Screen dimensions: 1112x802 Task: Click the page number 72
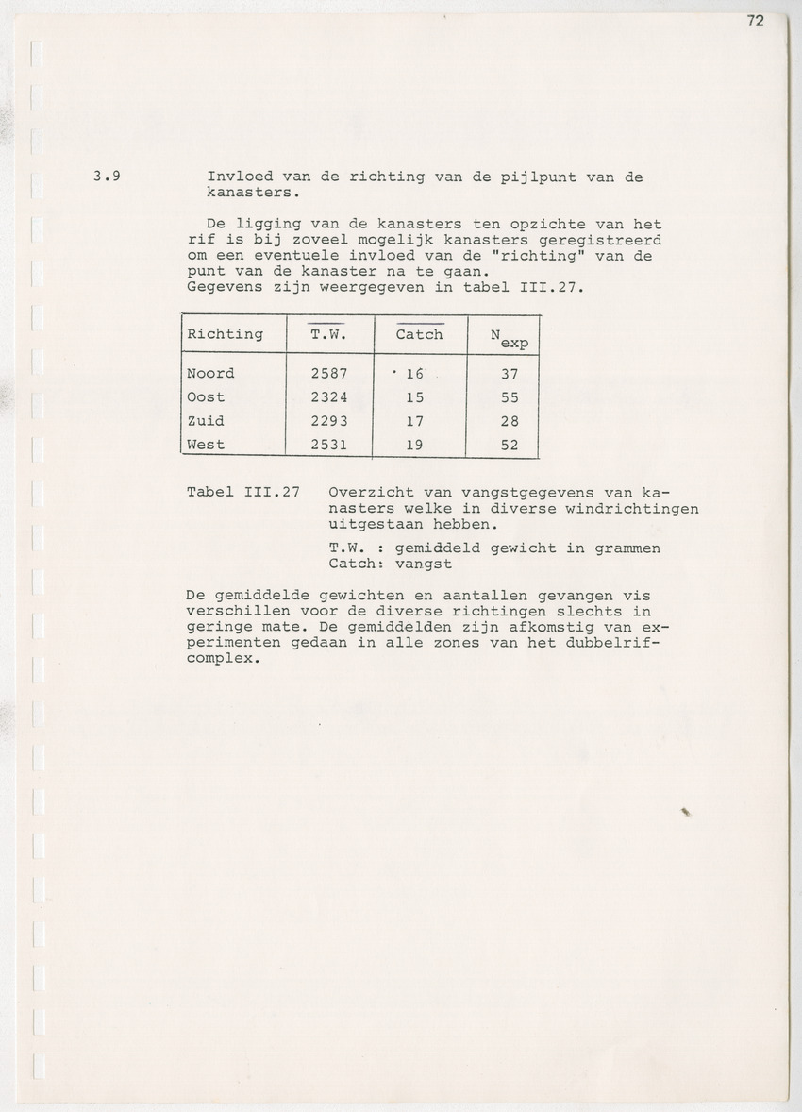(x=755, y=22)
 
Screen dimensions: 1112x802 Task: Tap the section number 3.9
(x=106, y=177)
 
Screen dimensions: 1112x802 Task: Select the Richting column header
(x=225, y=334)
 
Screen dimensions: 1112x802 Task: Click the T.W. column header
(x=329, y=334)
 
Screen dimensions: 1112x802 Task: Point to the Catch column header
(x=419, y=334)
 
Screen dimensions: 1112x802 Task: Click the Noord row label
(x=210, y=373)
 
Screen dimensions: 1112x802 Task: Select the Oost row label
(x=206, y=397)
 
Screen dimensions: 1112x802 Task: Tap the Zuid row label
(x=206, y=421)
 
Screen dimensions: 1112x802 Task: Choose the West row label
(x=206, y=445)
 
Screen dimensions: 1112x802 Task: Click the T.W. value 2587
(x=329, y=373)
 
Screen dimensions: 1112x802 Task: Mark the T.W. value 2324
(x=329, y=397)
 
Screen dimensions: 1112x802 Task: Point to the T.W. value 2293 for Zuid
(x=329, y=421)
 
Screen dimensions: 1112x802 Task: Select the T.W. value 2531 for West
(x=329, y=445)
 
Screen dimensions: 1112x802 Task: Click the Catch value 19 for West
(x=414, y=445)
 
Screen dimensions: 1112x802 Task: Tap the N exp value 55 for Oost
(x=510, y=397)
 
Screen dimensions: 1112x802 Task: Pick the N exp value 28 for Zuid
(x=510, y=421)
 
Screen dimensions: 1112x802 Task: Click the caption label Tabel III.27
(x=243, y=492)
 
